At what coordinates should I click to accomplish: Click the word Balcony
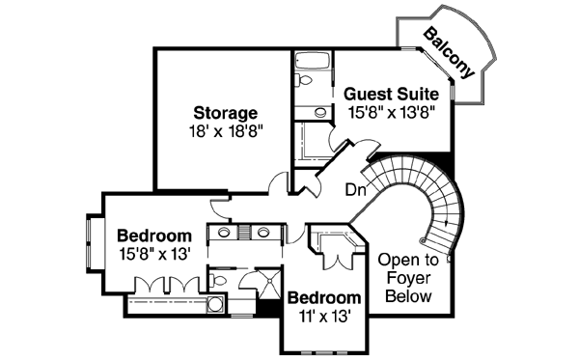coord(449,53)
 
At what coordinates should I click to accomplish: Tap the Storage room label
coord(224,112)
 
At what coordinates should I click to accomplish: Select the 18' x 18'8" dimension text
coord(224,129)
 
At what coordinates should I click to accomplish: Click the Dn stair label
coord(354,189)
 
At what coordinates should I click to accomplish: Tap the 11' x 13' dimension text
coord(323,315)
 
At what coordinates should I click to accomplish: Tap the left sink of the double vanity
coord(224,232)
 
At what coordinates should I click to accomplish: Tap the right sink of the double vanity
coord(262,232)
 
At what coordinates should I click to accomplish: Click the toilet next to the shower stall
coord(220,281)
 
